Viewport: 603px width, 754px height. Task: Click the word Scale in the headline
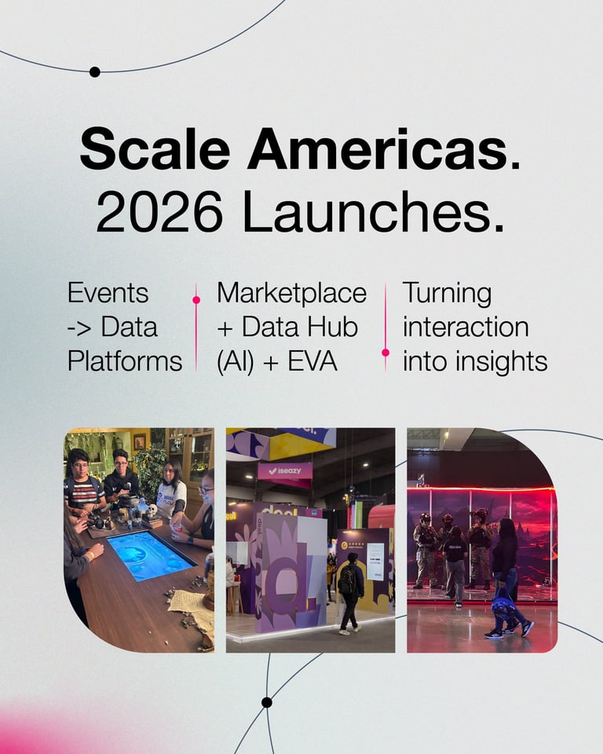click(155, 148)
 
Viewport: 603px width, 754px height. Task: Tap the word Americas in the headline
click(378, 148)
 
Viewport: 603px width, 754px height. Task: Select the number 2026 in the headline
click(160, 211)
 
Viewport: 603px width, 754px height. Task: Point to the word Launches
click(374, 211)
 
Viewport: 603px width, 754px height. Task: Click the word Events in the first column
click(108, 293)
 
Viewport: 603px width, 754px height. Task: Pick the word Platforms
click(125, 361)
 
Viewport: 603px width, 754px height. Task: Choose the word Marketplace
click(291, 293)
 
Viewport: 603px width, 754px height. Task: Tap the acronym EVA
click(312, 361)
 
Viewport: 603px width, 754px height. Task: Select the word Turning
click(448, 293)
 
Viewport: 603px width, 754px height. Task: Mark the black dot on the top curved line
click(95, 71)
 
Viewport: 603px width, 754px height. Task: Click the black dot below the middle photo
click(267, 702)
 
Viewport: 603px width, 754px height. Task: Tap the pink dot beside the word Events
click(196, 300)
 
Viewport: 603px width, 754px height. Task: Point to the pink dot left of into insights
click(386, 353)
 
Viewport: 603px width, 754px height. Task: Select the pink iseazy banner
click(285, 471)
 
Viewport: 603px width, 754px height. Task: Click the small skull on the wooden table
click(152, 511)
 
